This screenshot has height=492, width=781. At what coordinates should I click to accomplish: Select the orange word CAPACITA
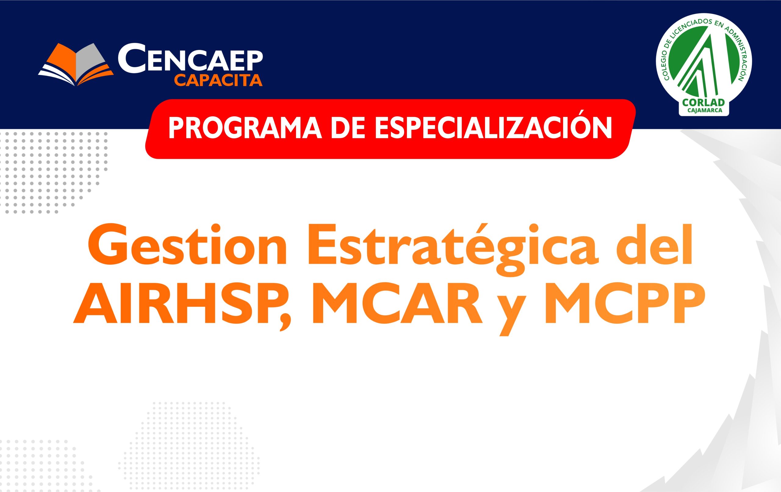(218, 81)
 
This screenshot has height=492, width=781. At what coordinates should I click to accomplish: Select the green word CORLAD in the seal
(703, 102)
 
